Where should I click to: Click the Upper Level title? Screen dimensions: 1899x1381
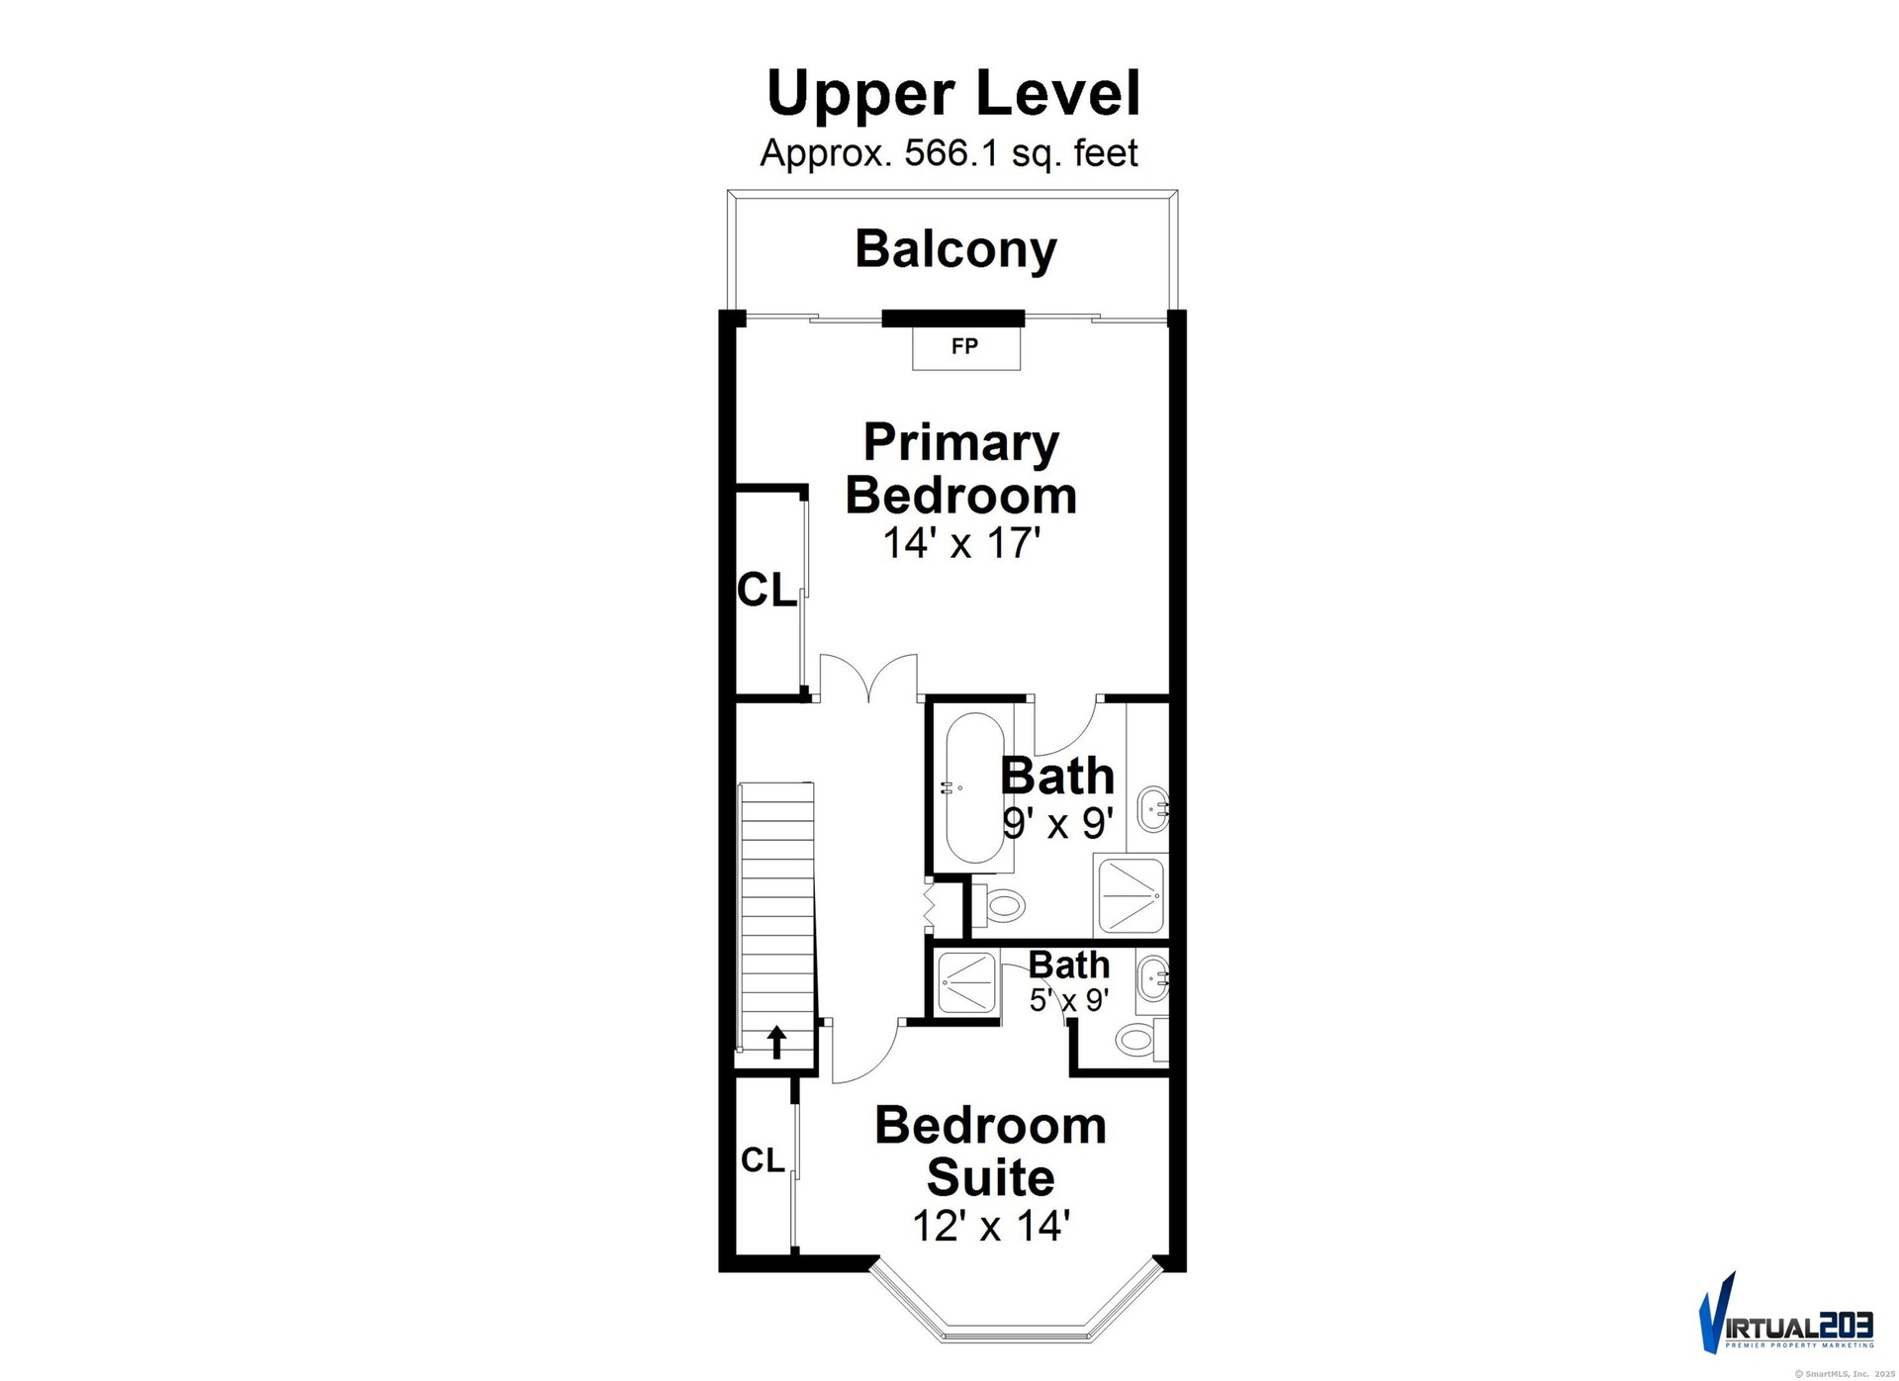click(x=953, y=94)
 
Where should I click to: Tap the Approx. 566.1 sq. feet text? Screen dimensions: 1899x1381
click(x=949, y=153)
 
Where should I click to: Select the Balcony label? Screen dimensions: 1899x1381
click(x=955, y=249)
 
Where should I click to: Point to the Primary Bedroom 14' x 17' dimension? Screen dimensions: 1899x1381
click(x=961, y=543)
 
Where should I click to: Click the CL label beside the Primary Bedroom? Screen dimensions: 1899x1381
click(x=767, y=592)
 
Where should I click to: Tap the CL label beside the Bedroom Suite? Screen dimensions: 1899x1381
click(x=763, y=1159)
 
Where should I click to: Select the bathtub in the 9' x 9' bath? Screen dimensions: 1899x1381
click(x=975, y=789)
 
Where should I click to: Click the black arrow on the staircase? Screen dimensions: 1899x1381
click(x=777, y=1042)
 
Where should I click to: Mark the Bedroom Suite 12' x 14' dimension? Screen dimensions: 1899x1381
click(x=991, y=1227)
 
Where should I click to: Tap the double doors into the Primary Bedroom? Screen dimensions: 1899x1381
click(x=868, y=678)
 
